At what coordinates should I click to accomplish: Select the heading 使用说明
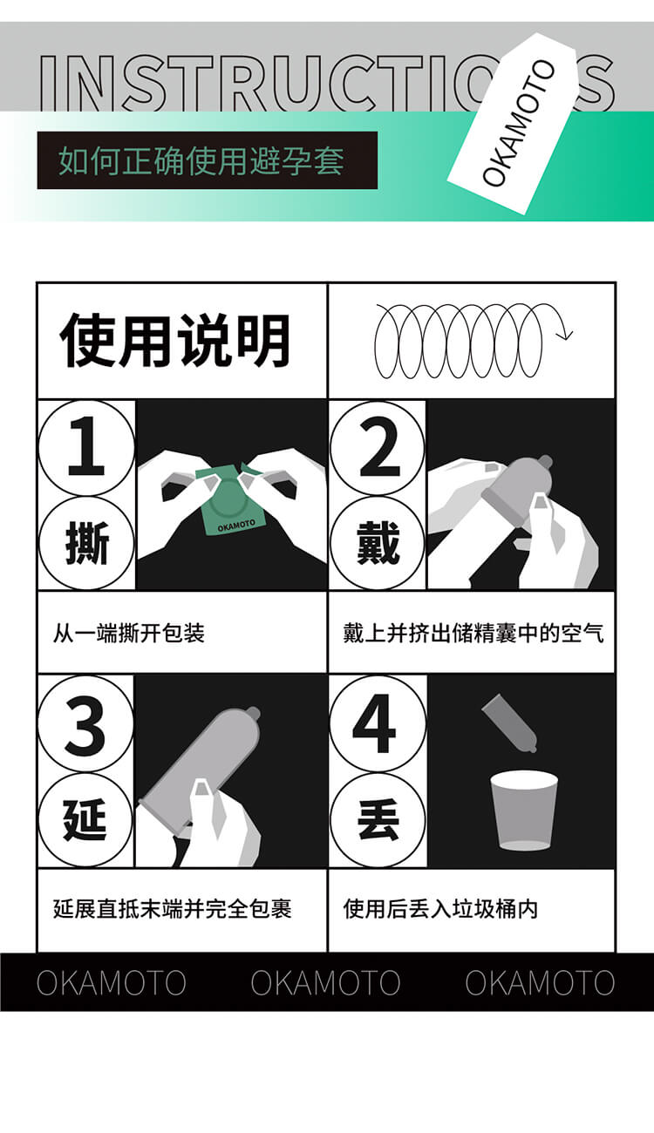pyautogui.click(x=174, y=341)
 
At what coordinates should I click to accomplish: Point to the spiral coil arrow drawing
pyautogui.click(x=471, y=341)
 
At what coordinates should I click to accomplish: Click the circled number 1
pyautogui.click(x=85, y=448)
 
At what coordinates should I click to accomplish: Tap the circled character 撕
pyautogui.click(x=85, y=544)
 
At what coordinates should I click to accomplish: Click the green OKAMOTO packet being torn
pyautogui.click(x=228, y=503)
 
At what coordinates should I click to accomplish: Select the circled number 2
pyautogui.click(x=378, y=448)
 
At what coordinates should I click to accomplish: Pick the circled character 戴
pyautogui.click(x=378, y=544)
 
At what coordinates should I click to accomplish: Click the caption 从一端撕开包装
pyautogui.click(x=129, y=633)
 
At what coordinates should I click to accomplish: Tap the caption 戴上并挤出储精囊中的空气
pyautogui.click(x=473, y=633)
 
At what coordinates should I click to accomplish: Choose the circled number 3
pyautogui.click(x=85, y=723)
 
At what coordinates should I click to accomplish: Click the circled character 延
pyautogui.click(x=85, y=820)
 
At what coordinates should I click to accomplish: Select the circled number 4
pyautogui.click(x=378, y=723)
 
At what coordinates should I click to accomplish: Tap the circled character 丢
pyautogui.click(x=378, y=820)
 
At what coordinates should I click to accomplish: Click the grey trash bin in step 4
pyautogui.click(x=523, y=811)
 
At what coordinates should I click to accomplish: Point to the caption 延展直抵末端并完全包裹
pyautogui.click(x=172, y=909)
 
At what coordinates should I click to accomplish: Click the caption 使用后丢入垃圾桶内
pyautogui.click(x=440, y=909)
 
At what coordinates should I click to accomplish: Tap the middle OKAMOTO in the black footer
pyautogui.click(x=325, y=982)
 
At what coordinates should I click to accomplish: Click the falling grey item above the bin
pyautogui.click(x=510, y=722)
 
